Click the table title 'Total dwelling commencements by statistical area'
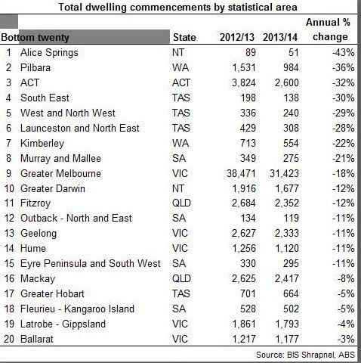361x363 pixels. (x=177, y=7)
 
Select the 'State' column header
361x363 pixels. (x=184, y=37)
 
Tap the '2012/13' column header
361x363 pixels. (x=237, y=37)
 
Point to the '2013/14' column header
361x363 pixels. (x=280, y=37)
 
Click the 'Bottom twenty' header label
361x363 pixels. (x=35, y=38)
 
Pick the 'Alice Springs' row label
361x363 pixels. (x=49, y=53)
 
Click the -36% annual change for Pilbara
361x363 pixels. (x=343, y=67)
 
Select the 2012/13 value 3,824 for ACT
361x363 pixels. (x=243, y=82)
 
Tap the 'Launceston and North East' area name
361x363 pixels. (x=80, y=128)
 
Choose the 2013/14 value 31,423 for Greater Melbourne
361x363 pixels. (x=284, y=173)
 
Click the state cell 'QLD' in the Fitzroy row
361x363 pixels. (x=181, y=203)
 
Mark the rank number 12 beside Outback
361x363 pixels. (x=9, y=218)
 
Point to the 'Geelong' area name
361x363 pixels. (x=39, y=234)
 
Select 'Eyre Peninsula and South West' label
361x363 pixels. (x=91, y=263)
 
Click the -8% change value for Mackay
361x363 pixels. (x=346, y=278)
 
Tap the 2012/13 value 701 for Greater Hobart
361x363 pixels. (x=248, y=293)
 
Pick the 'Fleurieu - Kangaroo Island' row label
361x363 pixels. (x=77, y=309)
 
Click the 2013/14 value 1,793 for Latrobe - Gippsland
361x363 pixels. (x=287, y=324)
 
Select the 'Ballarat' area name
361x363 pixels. (x=37, y=339)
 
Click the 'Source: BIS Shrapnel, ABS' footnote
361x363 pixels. (x=305, y=355)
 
